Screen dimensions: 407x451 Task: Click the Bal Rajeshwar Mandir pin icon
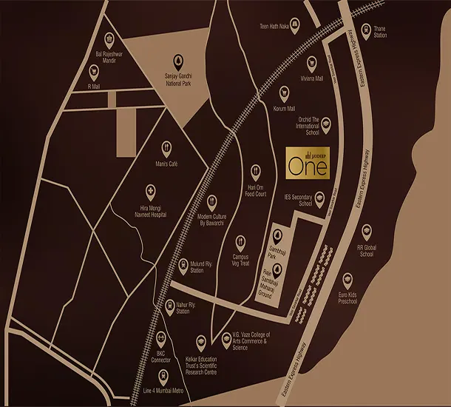[x=110, y=38]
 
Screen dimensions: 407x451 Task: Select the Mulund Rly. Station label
[x=197, y=267]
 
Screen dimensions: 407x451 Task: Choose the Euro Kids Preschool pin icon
[x=347, y=280]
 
